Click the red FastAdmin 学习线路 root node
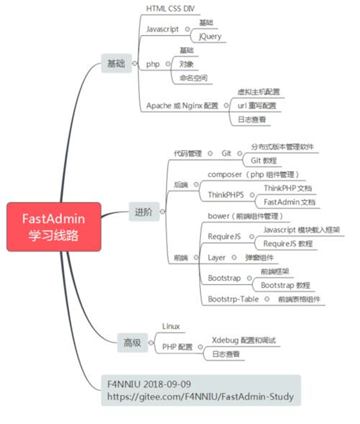pos(53,226)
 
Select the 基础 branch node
pos(116,64)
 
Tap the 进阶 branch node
pos(143,211)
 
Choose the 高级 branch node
pos(132,343)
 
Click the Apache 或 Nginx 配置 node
pos(182,105)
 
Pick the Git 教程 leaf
pos(263,160)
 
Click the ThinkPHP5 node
pos(226,194)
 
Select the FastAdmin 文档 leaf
pos(289,202)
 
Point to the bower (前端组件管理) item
pos(245,216)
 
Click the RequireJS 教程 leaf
pos(288,244)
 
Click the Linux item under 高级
pos(171,326)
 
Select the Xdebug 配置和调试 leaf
pos(244,340)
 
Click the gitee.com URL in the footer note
pos(201,397)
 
